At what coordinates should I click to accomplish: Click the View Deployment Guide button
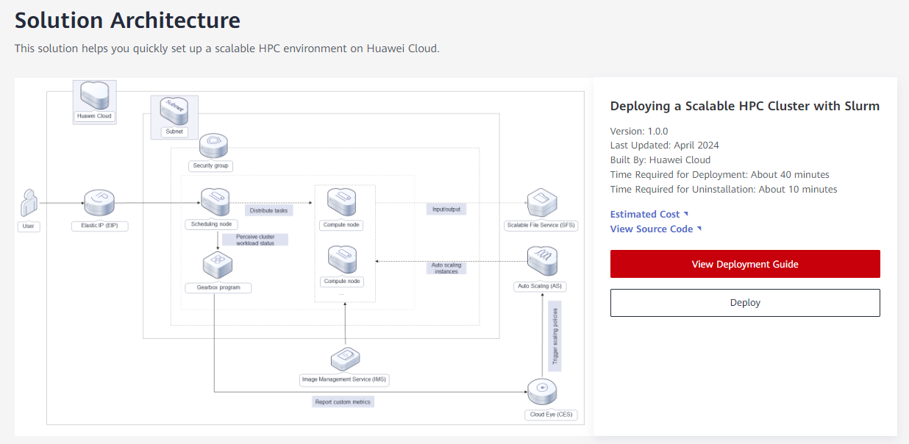click(745, 264)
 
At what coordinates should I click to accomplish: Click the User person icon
click(29, 203)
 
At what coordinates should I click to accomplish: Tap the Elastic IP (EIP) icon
click(99, 203)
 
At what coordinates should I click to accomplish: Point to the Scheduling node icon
click(215, 201)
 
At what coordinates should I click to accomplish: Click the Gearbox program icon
click(218, 265)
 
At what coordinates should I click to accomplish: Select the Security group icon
click(213, 146)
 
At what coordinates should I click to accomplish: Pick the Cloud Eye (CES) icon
click(542, 392)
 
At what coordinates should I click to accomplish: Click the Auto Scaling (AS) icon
click(542, 261)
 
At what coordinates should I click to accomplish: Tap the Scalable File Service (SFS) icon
click(542, 203)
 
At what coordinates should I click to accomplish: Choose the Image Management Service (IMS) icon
click(345, 359)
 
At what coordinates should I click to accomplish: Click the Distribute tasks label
click(268, 210)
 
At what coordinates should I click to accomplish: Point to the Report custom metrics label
click(343, 402)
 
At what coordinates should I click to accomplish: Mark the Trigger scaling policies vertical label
click(555, 336)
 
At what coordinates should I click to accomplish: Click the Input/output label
click(446, 210)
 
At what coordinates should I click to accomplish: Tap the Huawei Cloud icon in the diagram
click(95, 96)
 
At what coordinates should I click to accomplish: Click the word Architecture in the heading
click(175, 21)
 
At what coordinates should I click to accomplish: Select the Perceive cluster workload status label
click(255, 240)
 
